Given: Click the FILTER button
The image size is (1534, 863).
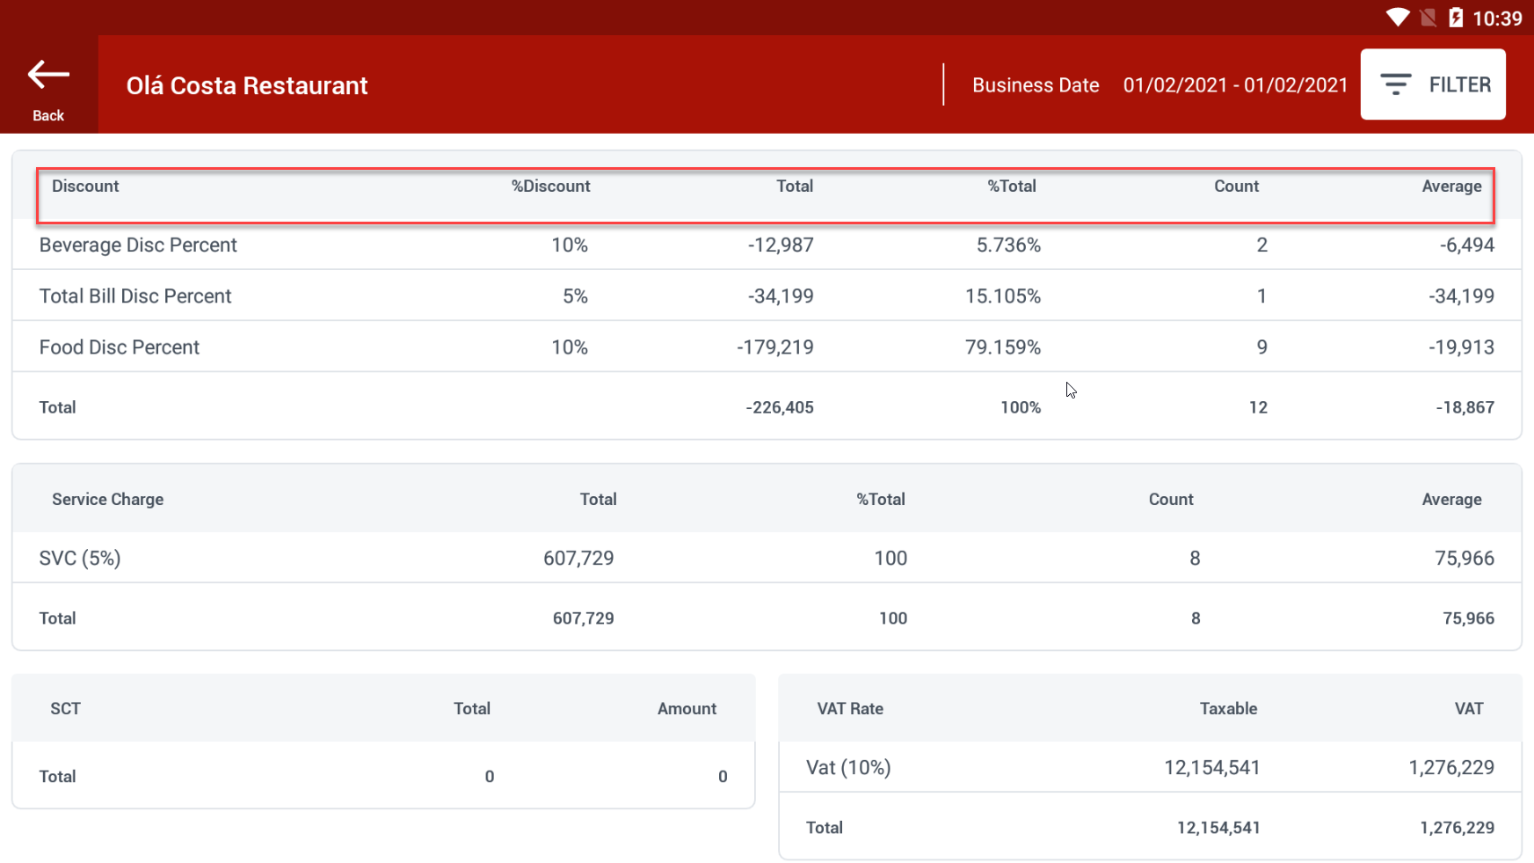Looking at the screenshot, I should pyautogui.click(x=1432, y=84).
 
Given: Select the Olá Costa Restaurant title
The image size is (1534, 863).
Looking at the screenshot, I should pyautogui.click(x=247, y=85).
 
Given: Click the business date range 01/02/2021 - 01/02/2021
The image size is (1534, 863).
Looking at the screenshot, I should pyautogui.click(x=1235, y=85).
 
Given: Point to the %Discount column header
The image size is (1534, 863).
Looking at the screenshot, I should pyautogui.click(x=550, y=186).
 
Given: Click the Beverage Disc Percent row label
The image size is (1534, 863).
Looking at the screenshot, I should pyautogui.click(x=138, y=245).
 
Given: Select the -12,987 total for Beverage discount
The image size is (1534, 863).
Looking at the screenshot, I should pyautogui.click(x=781, y=245).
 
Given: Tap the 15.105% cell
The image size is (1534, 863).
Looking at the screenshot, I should pyautogui.click(x=1002, y=296).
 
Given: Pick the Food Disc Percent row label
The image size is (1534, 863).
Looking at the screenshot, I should pyautogui.click(x=120, y=347).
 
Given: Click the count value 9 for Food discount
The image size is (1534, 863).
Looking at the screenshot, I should pyautogui.click(x=1261, y=347).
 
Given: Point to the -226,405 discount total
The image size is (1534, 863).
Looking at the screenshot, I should pyautogui.click(x=780, y=407).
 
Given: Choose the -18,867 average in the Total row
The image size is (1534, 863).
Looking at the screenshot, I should pyautogui.click(x=1465, y=407).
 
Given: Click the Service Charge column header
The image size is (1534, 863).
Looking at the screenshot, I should pyautogui.click(x=107, y=500).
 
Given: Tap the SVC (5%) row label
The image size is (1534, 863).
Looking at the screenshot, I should pyautogui.click(x=80, y=559).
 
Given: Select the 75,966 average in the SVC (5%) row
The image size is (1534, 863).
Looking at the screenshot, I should pyautogui.click(x=1464, y=559).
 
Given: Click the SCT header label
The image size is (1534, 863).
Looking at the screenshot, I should pyautogui.click(x=65, y=709).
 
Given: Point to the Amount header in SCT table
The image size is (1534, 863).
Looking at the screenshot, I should pyautogui.click(x=687, y=709).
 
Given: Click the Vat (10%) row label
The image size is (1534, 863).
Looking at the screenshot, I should pyautogui.click(x=848, y=768).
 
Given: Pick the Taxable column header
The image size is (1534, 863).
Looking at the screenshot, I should pyautogui.click(x=1228, y=709).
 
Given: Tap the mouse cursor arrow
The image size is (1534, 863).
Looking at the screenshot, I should pyautogui.click(x=1071, y=390).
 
